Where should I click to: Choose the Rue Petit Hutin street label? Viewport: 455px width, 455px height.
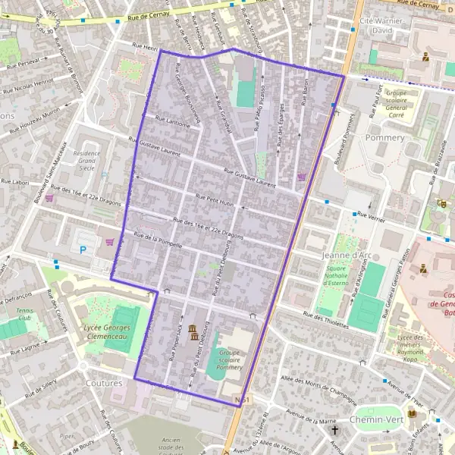point(217,200)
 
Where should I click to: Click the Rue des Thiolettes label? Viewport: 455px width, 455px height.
point(325,321)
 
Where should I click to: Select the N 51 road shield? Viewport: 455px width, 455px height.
point(242,398)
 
